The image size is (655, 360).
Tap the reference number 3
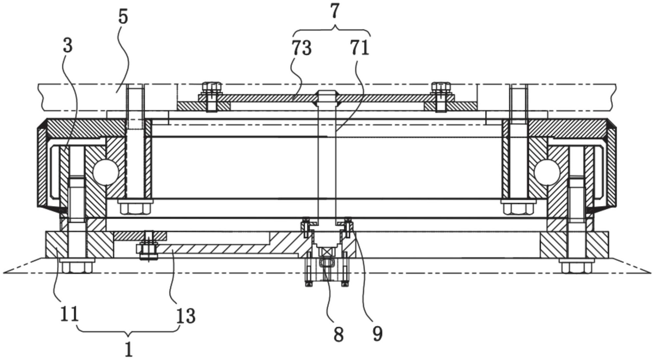(67, 45)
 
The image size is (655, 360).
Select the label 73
(301, 48)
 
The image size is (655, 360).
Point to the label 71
(359, 48)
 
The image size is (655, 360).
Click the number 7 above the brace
(334, 12)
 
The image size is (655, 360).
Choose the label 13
(186, 316)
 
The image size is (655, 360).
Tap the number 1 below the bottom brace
(129, 349)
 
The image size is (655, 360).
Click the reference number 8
(338, 335)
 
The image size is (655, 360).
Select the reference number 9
(378, 334)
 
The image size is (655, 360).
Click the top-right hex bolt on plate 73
(441, 88)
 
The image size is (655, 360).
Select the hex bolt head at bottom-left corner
(77, 266)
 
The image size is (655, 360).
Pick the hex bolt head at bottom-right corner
(577, 266)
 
